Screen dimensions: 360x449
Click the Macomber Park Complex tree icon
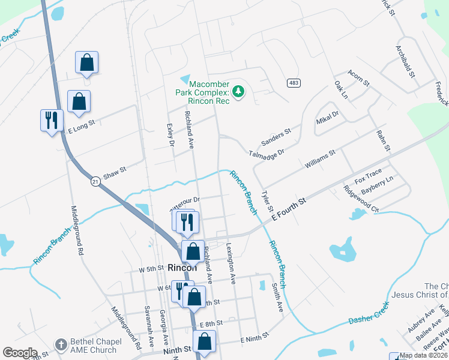point(239,91)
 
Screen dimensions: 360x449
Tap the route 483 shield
point(293,83)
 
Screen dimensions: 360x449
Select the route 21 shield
point(95,181)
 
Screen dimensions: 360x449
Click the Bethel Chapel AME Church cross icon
point(61,344)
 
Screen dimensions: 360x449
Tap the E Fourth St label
point(289,208)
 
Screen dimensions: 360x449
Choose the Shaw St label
point(114,170)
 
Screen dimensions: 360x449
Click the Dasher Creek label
point(369,313)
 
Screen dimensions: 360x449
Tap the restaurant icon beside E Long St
point(50,121)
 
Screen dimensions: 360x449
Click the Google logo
point(20,353)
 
